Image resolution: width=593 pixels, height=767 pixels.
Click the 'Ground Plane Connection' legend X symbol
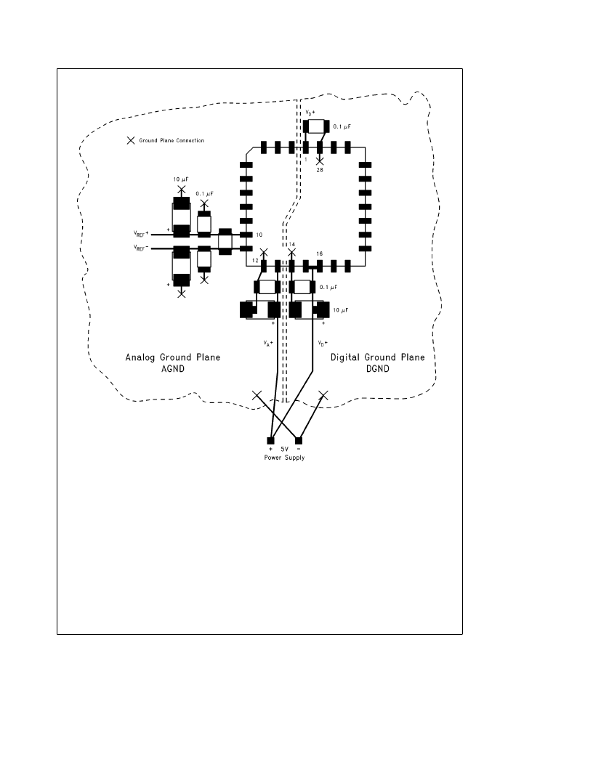pyautogui.click(x=131, y=140)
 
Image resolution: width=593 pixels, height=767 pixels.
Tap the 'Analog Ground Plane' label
pyautogui.click(x=173, y=357)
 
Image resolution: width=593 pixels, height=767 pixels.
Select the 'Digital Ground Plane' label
pyautogui.click(x=378, y=357)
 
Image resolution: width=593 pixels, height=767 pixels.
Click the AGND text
pyautogui.click(x=173, y=369)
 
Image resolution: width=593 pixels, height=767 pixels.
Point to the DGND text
pyautogui.click(x=378, y=369)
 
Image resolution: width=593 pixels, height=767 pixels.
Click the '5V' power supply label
pyautogui.click(x=284, y=449)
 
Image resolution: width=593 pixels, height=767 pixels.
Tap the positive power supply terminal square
pyautogui.click(x=270, y=441)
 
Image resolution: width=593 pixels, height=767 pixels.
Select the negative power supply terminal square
pyautogui.click(x=299, y=441)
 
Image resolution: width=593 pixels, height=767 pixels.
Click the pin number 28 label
pyautogui.click(x=320, y=170)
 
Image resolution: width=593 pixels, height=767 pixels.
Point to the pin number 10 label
pyautogui.click(x=259, y=235)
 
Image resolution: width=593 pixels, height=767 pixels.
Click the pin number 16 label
pyautogui.click(x=320, y=254)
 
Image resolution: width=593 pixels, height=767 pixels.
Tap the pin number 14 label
pyautogui.click(x=292, y=244)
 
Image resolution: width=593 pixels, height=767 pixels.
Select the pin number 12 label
pyautogui.click(x=255, y=261)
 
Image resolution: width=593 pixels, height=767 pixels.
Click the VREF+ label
pyautogui.click(x=141, y=234)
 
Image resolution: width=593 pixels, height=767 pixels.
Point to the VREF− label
pyautogui.click(x=141, y=248)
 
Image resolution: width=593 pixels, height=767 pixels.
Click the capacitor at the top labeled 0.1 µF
pyautogui.click(x=315, y=126)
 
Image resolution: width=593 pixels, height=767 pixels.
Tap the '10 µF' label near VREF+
pyautogui.click(x=181, y=179)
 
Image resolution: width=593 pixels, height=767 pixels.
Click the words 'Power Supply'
pyautogui.click(x=284, y=458)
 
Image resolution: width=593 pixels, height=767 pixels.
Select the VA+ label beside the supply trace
pyautogui.click(x=268, y=344)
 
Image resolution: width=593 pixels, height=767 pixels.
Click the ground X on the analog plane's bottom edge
pyautogui.click(x=257, y=395)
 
